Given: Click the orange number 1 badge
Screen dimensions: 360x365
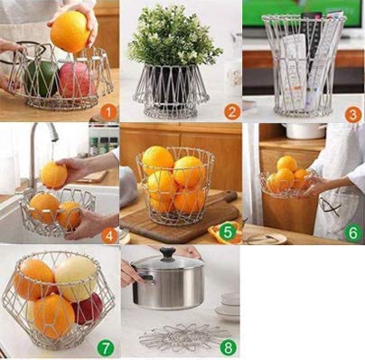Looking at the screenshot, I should [108, 111].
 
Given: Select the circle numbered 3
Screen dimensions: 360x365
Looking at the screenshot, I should [351, 115].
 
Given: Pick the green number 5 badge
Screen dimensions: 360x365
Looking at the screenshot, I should [228, 232].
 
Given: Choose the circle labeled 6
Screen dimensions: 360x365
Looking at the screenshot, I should [351, 232].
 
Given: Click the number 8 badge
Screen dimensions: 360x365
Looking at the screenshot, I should [228, 346].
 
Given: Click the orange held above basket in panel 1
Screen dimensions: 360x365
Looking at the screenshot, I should [70, 32].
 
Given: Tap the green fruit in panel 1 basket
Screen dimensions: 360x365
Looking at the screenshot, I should [41, 77].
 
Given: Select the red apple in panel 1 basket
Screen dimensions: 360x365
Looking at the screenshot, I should [76, 80].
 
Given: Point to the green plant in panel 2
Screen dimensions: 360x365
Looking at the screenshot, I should [173, 36].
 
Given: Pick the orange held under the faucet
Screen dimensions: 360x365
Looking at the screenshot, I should [53, 175].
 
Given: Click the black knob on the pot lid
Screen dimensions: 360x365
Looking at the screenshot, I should [167, 255].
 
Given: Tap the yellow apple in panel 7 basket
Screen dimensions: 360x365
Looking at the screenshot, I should [77, 278].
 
